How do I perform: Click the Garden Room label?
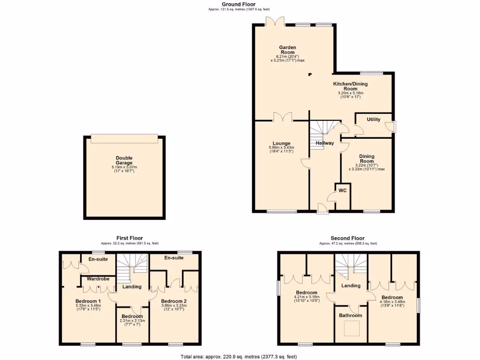point(287,51)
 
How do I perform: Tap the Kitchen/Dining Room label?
point(350,86)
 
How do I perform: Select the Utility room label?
point(374,120)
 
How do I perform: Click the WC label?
point(342,190)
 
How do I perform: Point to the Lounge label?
point(282,143)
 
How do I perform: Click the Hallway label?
point(324,143)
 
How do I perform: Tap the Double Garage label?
point(124,161)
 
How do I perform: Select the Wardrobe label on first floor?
point(98,279)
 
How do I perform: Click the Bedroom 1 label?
point(89,301)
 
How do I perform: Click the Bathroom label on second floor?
point(350,315)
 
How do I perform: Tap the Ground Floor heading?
point(239,4)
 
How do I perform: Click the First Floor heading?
point(130,238)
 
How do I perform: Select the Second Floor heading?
point(348,238)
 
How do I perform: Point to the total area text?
point(239,357)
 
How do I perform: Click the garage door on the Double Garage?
point(124,139)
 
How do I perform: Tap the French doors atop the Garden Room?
point(274,22)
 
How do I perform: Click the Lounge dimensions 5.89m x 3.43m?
point(282,148)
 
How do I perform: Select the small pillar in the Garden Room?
point(309,74)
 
